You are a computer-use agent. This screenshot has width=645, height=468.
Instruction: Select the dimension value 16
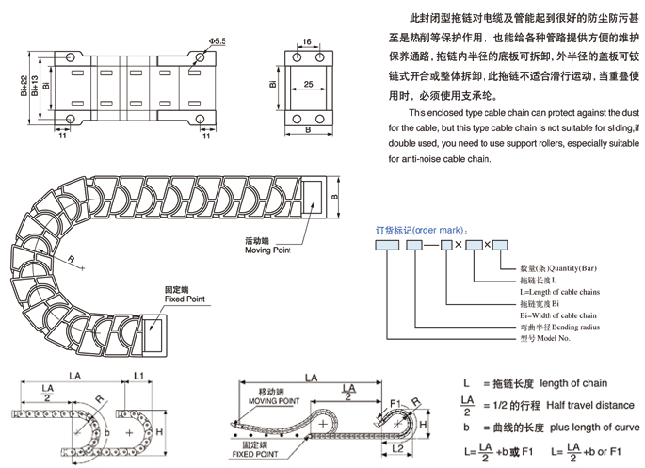point(306,43)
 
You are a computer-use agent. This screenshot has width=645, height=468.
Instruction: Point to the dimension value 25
point(307,85)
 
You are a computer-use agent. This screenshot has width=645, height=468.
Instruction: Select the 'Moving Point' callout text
point(268,250)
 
